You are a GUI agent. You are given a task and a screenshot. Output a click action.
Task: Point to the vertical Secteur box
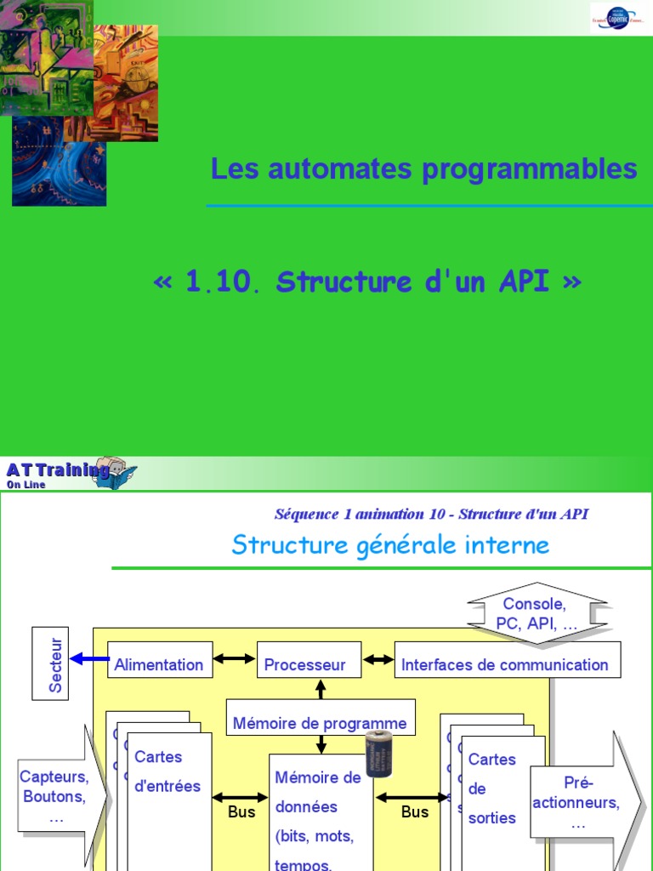pos(50,663)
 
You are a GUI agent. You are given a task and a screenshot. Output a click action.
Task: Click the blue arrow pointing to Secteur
pos(89,658)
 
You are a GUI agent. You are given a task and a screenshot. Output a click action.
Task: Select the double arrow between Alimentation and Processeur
pos(234,658)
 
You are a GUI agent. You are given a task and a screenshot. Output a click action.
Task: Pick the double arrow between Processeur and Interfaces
pos(378,658)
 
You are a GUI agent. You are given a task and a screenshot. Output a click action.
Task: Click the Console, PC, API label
pos(537,613)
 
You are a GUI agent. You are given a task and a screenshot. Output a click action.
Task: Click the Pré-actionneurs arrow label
pos(578,803)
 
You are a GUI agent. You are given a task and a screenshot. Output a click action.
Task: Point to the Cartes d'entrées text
pos(167,771)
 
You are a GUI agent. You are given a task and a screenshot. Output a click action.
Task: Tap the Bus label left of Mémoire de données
pos(241,812)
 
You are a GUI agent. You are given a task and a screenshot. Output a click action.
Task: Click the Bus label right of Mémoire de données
pos(415,812)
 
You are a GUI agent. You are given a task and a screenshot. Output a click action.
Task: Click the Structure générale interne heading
pos(390,544)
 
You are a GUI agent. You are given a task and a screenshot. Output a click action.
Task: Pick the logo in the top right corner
pos(621,17)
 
